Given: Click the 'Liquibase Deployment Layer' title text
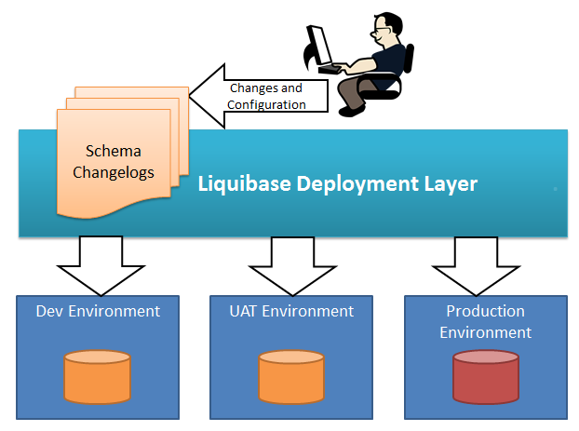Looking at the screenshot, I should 338,183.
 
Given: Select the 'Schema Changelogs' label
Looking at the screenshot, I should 114,161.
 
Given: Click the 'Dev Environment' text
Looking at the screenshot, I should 98,311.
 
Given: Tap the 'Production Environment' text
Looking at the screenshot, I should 485,321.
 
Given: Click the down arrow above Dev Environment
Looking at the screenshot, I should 101,263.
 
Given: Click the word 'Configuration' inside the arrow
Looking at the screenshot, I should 266,105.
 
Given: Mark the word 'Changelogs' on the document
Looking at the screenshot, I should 114,171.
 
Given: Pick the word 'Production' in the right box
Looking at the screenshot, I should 485,311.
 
